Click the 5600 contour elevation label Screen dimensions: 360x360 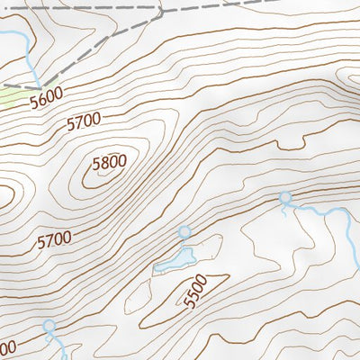pos(47,101)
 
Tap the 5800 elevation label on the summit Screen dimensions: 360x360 pos(108,164)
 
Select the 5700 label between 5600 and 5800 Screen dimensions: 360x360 pos(85,123)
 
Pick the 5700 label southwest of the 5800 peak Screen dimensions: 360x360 pos(53,240)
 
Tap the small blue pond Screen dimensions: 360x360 pos(175,261)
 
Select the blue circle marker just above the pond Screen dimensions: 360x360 pos(184,232)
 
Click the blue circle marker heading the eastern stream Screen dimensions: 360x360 pos(285,198)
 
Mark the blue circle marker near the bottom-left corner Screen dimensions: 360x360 pos(49,326)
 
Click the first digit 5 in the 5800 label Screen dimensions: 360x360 pos(95,164)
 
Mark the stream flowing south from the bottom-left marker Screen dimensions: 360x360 pos(59,346)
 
